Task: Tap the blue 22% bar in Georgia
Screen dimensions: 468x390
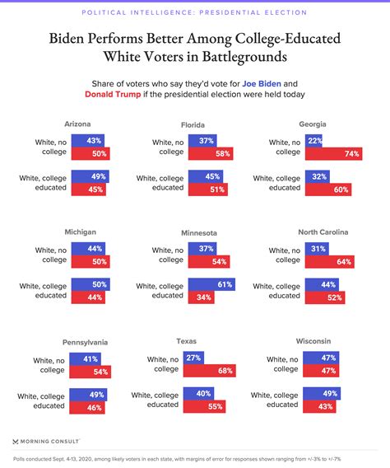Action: point(312,141)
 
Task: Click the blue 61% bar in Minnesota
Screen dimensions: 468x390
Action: point(211,285)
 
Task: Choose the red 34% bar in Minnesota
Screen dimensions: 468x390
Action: point(201,297)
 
